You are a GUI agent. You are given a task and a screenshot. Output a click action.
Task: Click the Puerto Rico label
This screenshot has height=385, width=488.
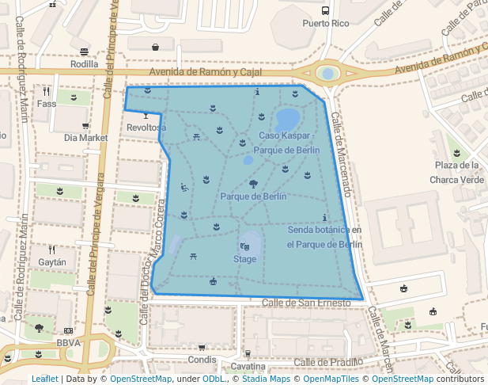tap(326, 24)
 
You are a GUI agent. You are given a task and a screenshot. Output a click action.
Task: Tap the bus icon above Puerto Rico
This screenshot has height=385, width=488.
tap(326, 11)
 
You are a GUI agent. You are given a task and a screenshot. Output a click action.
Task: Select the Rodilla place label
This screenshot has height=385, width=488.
tap(85, 64)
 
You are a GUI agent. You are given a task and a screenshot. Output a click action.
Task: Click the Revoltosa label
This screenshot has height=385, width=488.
tap(146, 127)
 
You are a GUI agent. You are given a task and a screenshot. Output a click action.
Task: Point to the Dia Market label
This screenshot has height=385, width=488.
tap(85, 137)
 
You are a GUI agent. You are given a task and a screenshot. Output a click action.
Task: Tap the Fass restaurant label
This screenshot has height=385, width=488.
tap(47, 103)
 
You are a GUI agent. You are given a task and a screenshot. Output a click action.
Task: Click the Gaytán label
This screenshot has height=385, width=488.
tap(52, 261)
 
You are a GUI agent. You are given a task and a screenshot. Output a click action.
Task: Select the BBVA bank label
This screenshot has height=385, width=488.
tap(69, 342)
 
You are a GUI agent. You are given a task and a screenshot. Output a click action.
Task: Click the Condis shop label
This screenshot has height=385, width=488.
tap(202, 358)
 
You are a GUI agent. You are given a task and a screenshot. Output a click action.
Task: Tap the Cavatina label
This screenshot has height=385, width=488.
tap(248, 367)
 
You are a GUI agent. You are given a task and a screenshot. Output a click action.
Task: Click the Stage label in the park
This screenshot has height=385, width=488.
tap(244, 259)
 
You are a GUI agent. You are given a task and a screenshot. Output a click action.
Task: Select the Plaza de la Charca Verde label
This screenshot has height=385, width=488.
tap(456, 172)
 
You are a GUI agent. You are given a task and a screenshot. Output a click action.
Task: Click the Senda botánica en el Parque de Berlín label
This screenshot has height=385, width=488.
tap(324, 237)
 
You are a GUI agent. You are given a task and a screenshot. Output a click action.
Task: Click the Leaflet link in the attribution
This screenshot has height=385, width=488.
tap(44, 379)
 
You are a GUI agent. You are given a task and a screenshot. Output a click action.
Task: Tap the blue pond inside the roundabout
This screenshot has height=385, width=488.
tap(327, 74)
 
